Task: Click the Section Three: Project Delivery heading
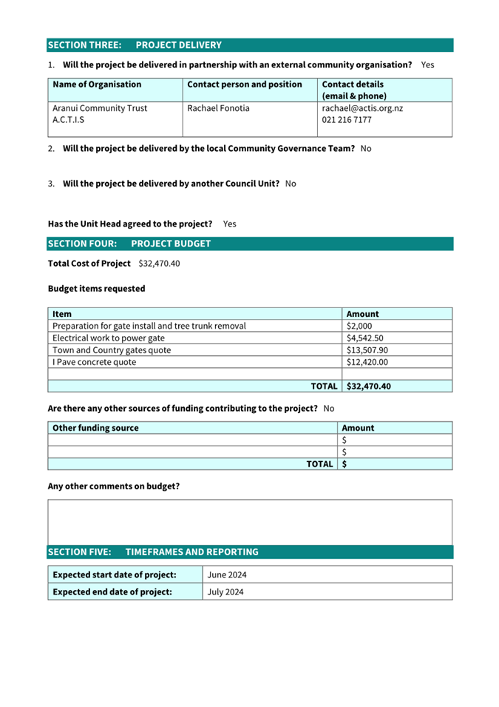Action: tap(135, 45)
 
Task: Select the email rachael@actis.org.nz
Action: tap(362, 108)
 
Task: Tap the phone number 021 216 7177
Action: tap(347, 120)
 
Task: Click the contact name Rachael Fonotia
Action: tap(218, 108)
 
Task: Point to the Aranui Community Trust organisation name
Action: tap(100, 108)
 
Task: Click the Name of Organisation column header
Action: tap(97, 84)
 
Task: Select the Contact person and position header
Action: tap(245, 84)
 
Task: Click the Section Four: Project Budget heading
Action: tap(129, 244)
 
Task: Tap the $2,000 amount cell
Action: tap(359, 326)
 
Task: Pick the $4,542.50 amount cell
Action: tap(364, 338)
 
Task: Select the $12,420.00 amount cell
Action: tap(367, 362)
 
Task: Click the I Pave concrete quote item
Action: tap(95, 362)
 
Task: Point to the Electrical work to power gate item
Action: tap(109, 338)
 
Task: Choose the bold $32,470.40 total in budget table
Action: tap(369, 386)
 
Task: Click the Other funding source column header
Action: tap(95, 428)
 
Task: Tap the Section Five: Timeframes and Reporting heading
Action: tap(153, 552)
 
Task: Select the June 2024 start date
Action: tap(225, 574)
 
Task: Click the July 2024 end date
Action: tap(225, 592)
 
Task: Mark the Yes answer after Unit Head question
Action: tap(229, 224)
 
